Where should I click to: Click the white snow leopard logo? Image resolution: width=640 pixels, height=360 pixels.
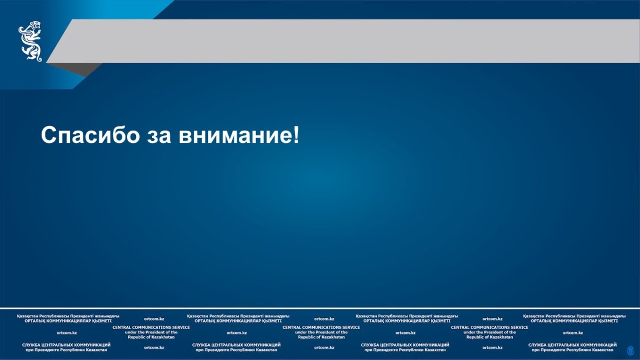pos(30,41)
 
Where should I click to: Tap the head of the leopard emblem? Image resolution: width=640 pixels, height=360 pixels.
pos(35,25)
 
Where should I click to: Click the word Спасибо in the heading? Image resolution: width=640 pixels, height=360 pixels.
pos(90,134)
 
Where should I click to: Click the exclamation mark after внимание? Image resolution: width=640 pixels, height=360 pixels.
pos(296,135)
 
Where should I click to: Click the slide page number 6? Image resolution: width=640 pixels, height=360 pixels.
pos(630,350)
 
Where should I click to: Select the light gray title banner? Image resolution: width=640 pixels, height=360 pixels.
pos(343,41)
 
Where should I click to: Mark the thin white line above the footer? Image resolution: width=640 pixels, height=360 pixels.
pos(320,308)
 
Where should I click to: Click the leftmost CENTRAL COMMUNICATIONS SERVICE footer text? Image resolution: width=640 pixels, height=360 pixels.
pos(151,327)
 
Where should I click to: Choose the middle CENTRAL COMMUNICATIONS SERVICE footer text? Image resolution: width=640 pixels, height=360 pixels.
pos(321,327)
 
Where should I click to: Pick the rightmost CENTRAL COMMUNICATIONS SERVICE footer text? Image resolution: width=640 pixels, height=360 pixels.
pos(490,327)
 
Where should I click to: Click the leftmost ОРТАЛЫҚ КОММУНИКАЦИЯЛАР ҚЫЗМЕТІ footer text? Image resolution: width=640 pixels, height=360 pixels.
pos(68,321)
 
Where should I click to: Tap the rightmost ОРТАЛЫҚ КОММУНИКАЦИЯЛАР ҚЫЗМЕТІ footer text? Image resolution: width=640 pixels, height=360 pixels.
pos(574,321)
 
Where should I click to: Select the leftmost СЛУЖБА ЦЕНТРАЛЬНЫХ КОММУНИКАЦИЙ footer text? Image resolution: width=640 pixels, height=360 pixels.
pos(66,345)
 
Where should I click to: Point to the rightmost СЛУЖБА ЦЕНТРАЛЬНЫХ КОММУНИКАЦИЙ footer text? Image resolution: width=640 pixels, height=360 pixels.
pos(573,345)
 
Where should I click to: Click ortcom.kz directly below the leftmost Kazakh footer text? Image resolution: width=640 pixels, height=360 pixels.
pos(67,333)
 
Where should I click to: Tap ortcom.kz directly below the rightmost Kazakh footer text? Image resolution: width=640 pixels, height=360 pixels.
pos(573,333)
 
